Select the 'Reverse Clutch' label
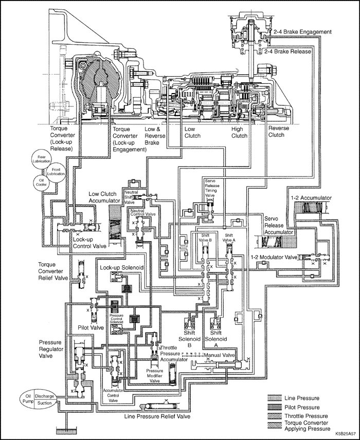[280, 132]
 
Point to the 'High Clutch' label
[239, 132]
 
